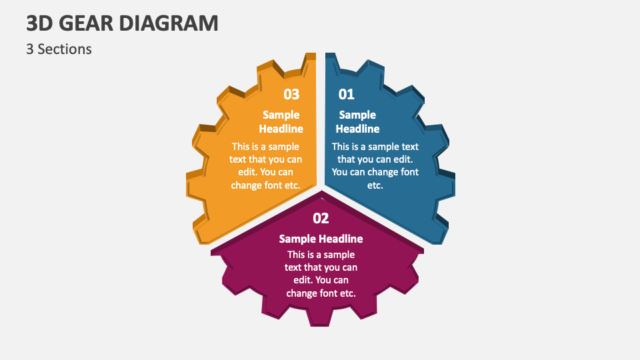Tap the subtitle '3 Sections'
click(59, 49)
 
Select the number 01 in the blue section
click(347, 94)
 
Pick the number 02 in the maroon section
click(321, 218)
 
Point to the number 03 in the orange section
click(291, 94)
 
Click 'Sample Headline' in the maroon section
click(321, 239)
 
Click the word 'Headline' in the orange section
click(281, 129)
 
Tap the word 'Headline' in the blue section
click(357, 129)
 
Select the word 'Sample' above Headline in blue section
click(357, 115)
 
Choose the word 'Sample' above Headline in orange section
click(281, 115)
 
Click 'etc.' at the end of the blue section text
click(375, 185)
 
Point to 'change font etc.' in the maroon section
click(321, 293)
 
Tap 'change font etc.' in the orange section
click(265, 185)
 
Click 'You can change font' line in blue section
click(375, 172)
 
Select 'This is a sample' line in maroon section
click(321, 255)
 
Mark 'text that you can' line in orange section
click(265, 159)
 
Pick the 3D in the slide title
click(39, 23)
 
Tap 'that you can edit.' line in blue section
click(375, 159)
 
